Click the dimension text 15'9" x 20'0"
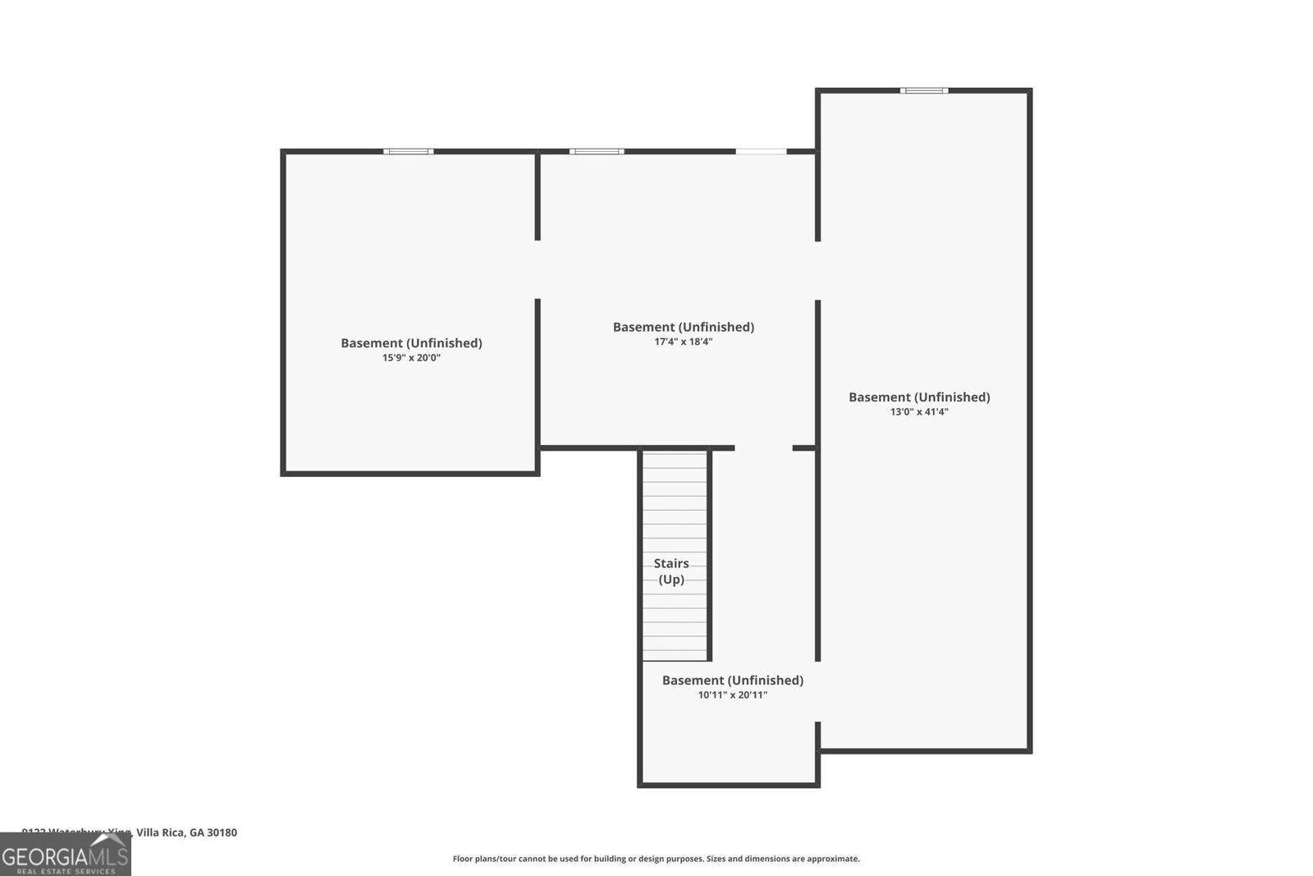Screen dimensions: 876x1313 click(411, 358)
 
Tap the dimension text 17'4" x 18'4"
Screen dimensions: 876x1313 click(683, 342)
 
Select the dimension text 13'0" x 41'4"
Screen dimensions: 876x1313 click(919, 412)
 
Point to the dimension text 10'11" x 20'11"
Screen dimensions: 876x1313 click(732, 695)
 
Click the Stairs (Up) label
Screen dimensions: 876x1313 click(671, 571)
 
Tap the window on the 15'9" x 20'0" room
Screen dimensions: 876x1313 click(409, 151)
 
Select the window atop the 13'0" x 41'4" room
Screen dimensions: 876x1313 click(924, 90)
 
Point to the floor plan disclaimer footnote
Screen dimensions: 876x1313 click(656, 859)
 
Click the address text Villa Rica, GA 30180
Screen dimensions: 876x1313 click(186, 832)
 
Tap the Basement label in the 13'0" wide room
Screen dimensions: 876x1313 click(919, 397)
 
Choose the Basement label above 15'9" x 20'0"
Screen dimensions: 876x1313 click(411, 343)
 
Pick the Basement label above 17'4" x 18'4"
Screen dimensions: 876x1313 click(683, 327)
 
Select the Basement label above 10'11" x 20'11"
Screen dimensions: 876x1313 click(732, 681)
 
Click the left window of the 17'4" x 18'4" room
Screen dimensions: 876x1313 click(597, 151)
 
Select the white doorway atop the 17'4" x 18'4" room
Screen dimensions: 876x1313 click(761, 151)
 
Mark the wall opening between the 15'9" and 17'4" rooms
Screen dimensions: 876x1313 click(538, 269)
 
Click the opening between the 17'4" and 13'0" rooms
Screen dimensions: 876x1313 click(817, 271)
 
